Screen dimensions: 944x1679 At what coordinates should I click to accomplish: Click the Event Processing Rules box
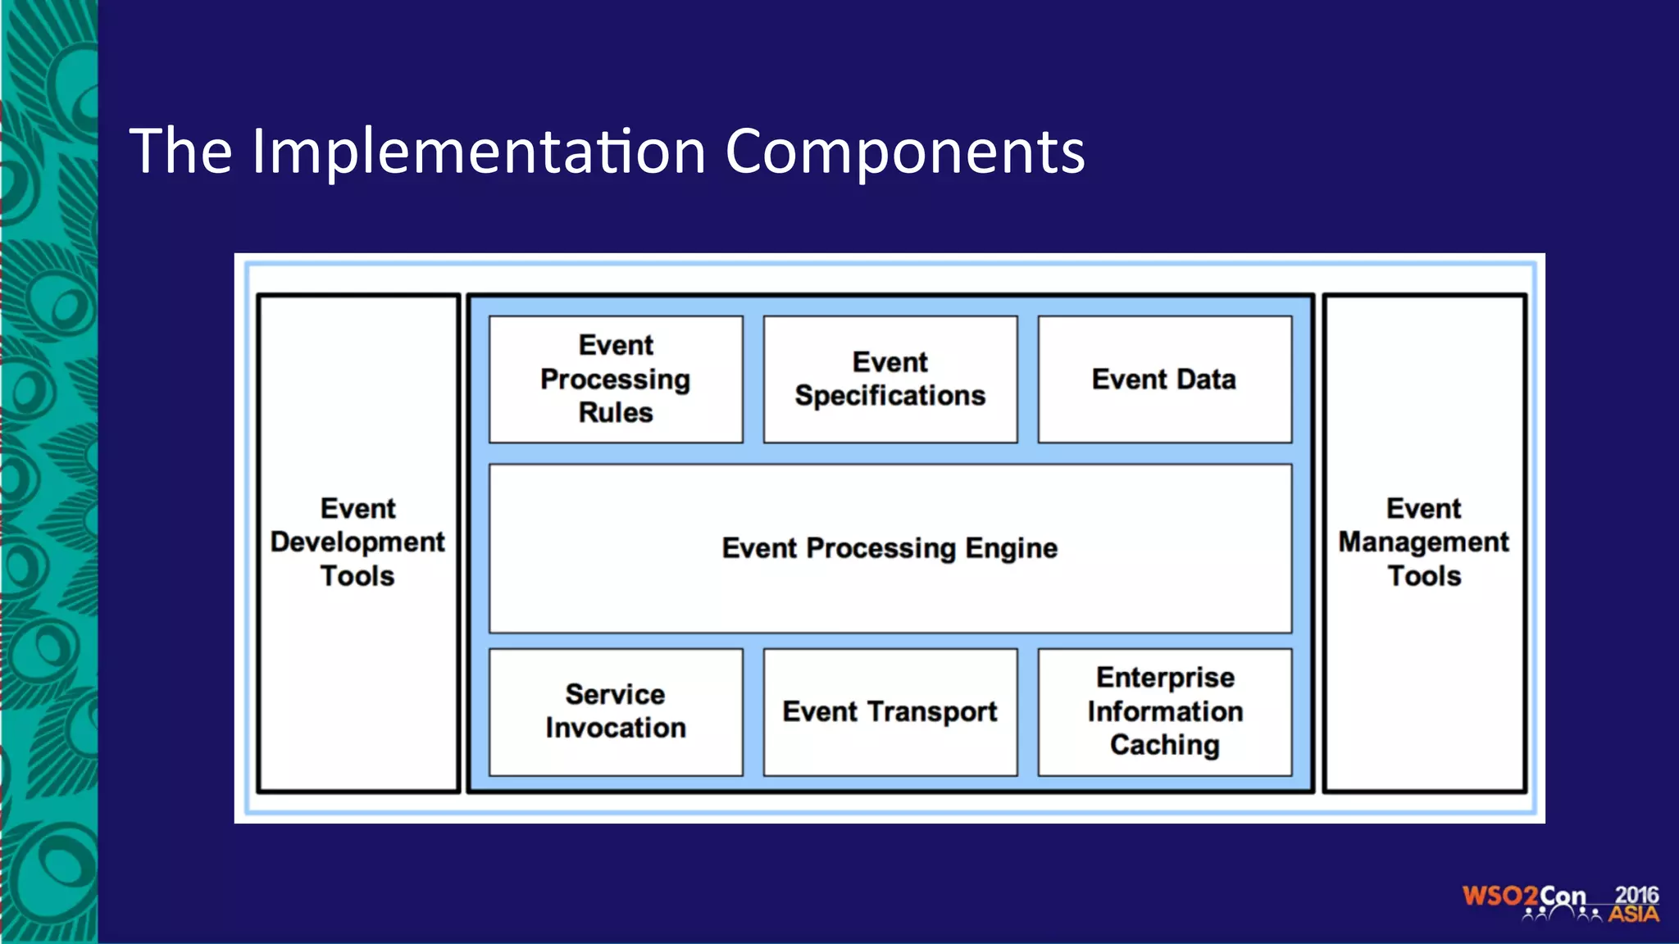616,379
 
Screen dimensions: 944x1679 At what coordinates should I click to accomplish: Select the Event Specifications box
890,379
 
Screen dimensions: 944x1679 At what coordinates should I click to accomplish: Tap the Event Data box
1164,379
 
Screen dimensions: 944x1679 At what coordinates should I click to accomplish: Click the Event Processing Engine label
890,548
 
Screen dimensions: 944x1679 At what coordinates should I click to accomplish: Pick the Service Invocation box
616,711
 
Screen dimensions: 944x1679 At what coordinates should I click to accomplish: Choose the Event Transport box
890,711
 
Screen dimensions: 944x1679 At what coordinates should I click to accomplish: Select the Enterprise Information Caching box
1164,711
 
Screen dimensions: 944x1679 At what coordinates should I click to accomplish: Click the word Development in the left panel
357,542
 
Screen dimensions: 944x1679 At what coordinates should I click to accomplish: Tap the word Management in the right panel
1424,542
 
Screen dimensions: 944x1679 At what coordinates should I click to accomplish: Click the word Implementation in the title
479,152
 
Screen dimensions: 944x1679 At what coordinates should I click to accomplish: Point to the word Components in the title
905,152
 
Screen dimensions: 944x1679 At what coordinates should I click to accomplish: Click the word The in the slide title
181,152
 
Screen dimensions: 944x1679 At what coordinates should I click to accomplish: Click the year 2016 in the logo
1636,895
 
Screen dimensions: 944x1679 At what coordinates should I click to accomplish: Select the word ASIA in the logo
1633,914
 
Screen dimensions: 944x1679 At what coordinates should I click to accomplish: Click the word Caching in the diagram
1164,745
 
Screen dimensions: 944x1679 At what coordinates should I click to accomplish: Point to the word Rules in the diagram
616,412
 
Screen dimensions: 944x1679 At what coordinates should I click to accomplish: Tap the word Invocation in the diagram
616,728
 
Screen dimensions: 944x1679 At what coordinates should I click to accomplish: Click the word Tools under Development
357,576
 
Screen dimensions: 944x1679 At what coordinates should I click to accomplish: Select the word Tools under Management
1424,576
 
